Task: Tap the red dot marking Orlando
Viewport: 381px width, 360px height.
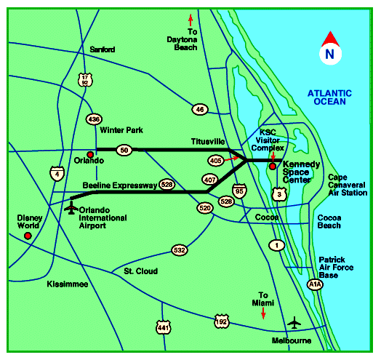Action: [90, 154]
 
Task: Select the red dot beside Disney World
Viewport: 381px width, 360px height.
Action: [28, 236]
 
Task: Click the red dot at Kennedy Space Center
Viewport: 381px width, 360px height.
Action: [273, 167]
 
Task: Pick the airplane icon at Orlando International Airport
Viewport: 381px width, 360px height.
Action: [71, 209]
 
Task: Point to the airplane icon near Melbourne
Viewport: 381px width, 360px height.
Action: [294, 321]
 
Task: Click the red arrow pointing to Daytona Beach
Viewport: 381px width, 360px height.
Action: [191, 19]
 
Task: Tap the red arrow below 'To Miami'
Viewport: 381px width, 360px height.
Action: [263, 312]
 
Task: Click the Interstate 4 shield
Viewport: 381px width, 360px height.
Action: [57, 173]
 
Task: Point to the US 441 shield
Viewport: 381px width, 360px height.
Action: [162, 327]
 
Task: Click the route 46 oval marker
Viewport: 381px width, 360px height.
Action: [201, 109]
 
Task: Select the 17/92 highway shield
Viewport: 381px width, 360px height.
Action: [86, 79]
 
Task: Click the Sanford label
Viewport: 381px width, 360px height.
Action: [102, 49]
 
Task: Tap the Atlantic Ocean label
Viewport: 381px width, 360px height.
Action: [329, 97]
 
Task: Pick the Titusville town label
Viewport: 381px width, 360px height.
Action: [209, 140]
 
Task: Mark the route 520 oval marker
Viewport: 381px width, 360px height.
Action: [204, 207]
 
